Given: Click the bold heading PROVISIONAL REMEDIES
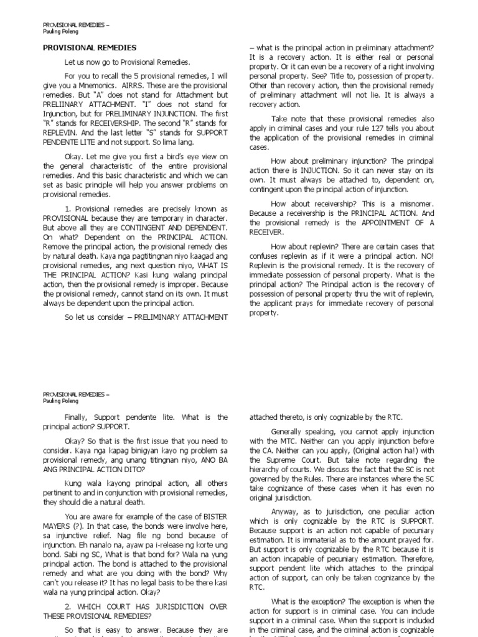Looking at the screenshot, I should [90, 47].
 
